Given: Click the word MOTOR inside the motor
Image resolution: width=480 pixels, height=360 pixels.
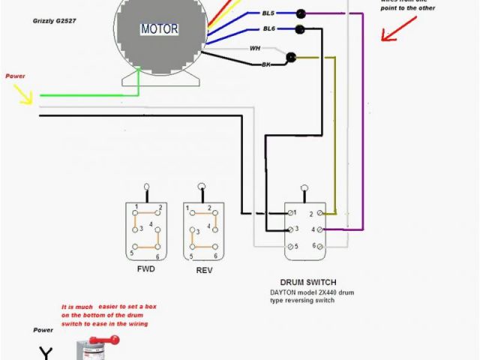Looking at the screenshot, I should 160,30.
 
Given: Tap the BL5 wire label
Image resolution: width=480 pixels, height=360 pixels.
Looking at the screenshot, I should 267,13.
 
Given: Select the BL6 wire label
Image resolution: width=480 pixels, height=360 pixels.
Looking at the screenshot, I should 268,28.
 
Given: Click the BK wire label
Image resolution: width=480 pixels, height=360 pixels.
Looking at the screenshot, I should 265,66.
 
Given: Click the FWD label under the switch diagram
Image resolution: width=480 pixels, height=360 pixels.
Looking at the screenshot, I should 146,268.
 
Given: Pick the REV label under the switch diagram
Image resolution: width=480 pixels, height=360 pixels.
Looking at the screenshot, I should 203,268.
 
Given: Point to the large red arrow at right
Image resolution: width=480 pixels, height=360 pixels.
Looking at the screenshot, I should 395,33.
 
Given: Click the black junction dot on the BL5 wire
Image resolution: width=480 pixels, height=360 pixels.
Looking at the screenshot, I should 300,13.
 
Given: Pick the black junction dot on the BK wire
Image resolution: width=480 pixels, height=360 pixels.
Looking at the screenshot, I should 292,57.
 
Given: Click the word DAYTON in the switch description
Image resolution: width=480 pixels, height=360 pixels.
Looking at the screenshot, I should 287,292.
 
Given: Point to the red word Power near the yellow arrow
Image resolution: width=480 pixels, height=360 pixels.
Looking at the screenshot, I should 15,76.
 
